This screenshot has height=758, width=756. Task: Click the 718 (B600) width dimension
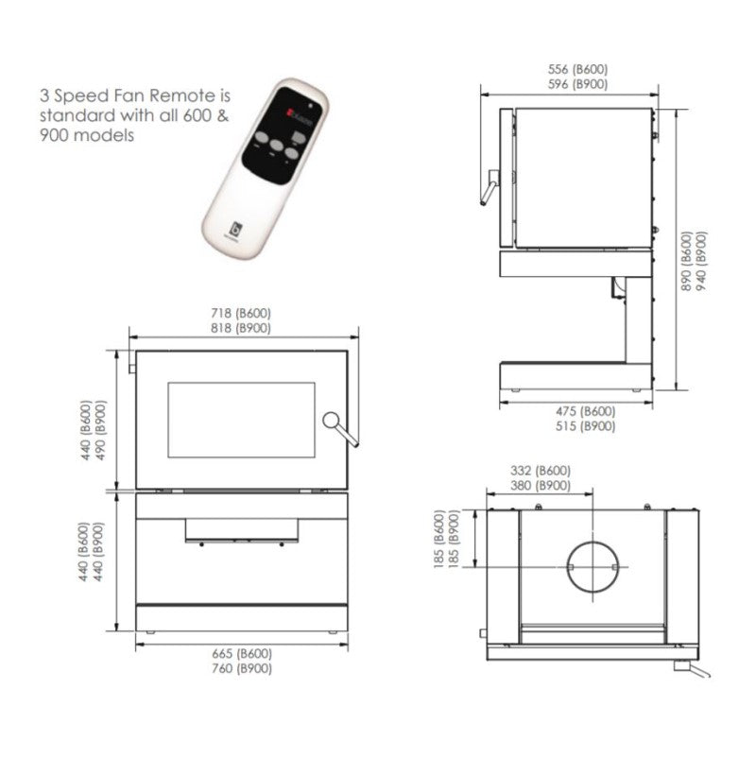point(244,314)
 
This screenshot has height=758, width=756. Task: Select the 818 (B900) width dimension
point(244,328)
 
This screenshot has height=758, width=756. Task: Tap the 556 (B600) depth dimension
point(577,69)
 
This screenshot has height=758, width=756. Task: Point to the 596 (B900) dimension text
point(577,83)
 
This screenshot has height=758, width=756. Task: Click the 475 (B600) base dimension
point(585,412)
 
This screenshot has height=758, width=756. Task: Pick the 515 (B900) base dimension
point(585,426)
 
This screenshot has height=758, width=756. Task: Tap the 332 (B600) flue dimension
point(540,471)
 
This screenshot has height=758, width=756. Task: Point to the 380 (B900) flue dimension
point(540,485)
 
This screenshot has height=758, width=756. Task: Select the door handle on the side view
point(489,187)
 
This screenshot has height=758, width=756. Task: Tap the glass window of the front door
point(241,420)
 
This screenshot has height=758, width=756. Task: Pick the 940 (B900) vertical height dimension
point(701,260)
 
